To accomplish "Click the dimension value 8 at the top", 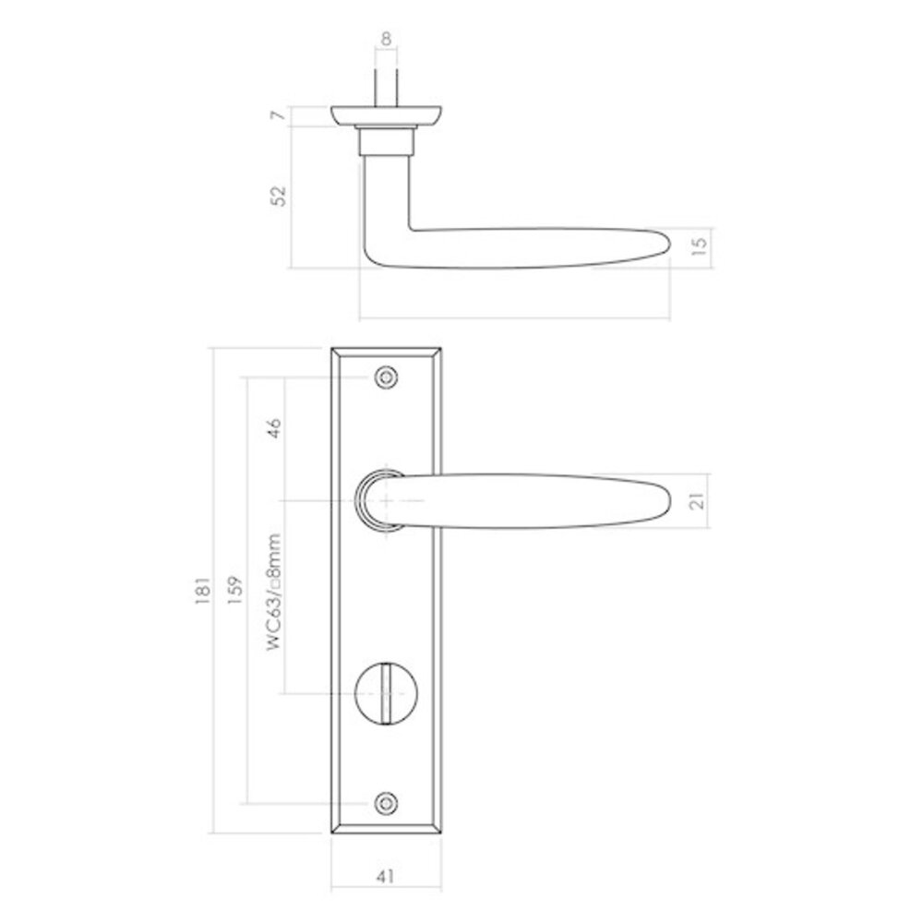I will coord(386,39).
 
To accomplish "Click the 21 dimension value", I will coord(698,500).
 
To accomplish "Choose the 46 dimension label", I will coord(274,430).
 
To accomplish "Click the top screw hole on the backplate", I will coord(386,377).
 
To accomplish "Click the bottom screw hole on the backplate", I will coord(386,804).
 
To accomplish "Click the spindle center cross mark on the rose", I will coord(386,500).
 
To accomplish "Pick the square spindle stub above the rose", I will coord(386,88).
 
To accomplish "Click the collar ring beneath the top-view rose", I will coord(386,141).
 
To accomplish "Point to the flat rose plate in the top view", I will coord(386,115).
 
